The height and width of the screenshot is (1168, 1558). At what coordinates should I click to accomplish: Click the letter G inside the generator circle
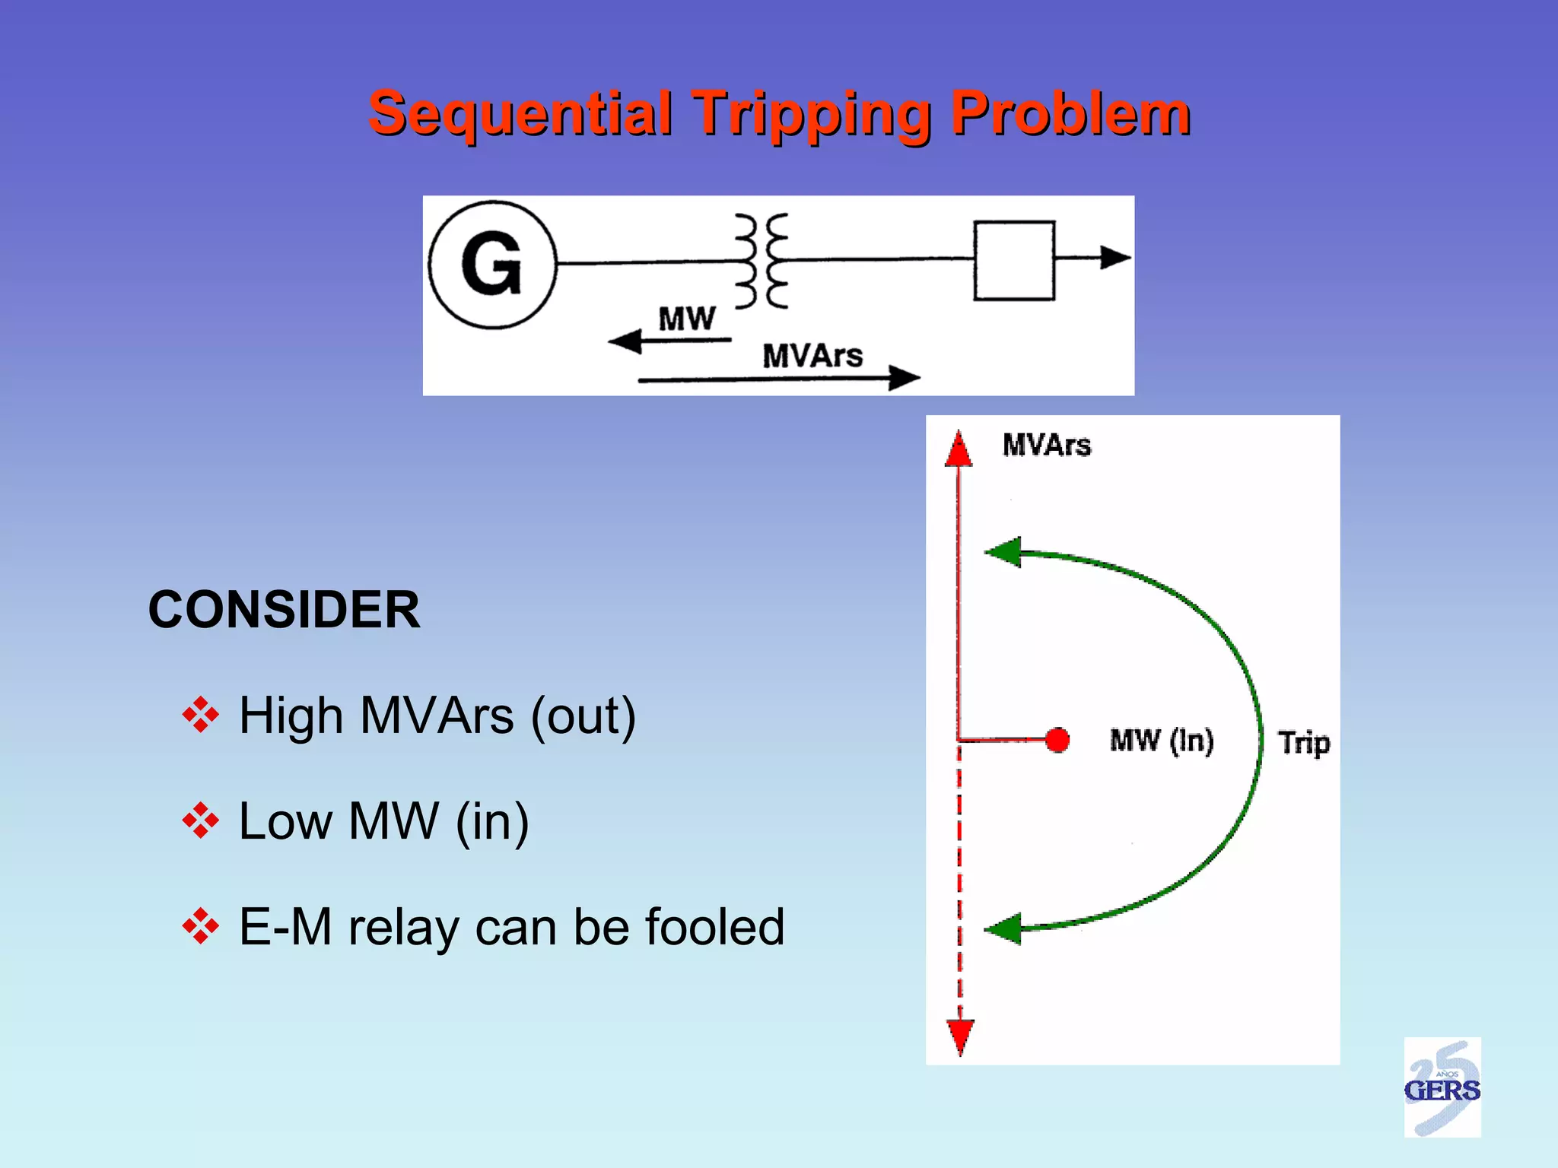coord(492,265)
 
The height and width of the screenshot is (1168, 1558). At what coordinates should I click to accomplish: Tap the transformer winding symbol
coord(761,261)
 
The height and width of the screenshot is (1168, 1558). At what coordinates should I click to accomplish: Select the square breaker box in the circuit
coord(1014,261)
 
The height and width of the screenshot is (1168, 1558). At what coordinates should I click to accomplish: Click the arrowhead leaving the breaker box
coord(1115,258)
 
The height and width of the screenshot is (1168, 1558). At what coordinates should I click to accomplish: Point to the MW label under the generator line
coord(686,319)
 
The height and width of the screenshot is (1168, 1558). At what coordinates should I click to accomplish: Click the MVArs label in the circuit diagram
coord(812,356)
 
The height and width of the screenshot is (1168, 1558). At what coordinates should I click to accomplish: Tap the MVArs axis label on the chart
coord(1046,445)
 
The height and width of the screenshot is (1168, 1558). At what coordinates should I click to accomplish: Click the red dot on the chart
coord(1057,739)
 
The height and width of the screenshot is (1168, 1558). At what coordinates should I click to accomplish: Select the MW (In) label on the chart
coord(1161,740)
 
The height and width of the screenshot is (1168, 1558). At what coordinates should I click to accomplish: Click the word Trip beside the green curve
coord(1304,742)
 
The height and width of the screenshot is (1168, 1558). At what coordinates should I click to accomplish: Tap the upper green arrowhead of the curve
coord(1003,552)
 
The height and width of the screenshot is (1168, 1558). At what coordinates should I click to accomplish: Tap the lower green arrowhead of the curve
coord(1003,928)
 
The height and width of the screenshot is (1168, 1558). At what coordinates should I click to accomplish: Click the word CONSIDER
coord(284,610)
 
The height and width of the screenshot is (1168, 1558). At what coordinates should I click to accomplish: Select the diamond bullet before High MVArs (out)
coord(201,716)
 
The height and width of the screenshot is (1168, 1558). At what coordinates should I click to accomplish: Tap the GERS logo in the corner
coord(1442,1087)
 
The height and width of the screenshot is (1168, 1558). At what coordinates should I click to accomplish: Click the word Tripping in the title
coord(812,113)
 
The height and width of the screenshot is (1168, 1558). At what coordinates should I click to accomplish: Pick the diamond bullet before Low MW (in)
coord(201,821)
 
